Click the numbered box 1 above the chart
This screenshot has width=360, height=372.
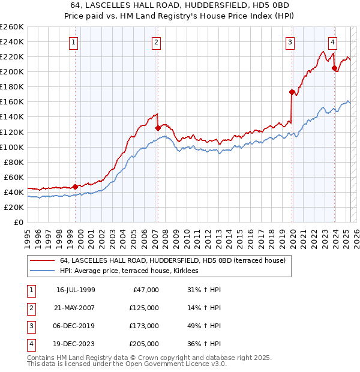73,42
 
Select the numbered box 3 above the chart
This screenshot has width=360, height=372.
290,42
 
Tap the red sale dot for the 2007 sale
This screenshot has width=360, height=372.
158,128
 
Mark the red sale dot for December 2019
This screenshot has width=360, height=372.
292,92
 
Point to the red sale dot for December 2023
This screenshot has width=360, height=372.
335,68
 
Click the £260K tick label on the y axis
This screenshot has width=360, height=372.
11,27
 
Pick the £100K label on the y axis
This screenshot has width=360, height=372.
11,147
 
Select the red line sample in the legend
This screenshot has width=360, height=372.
42,260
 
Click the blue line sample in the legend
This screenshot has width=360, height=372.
42,271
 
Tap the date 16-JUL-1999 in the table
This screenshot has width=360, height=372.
76,290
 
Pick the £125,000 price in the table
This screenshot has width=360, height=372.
144,308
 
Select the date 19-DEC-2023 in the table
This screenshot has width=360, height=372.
76,344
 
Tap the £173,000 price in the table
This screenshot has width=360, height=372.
144,326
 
